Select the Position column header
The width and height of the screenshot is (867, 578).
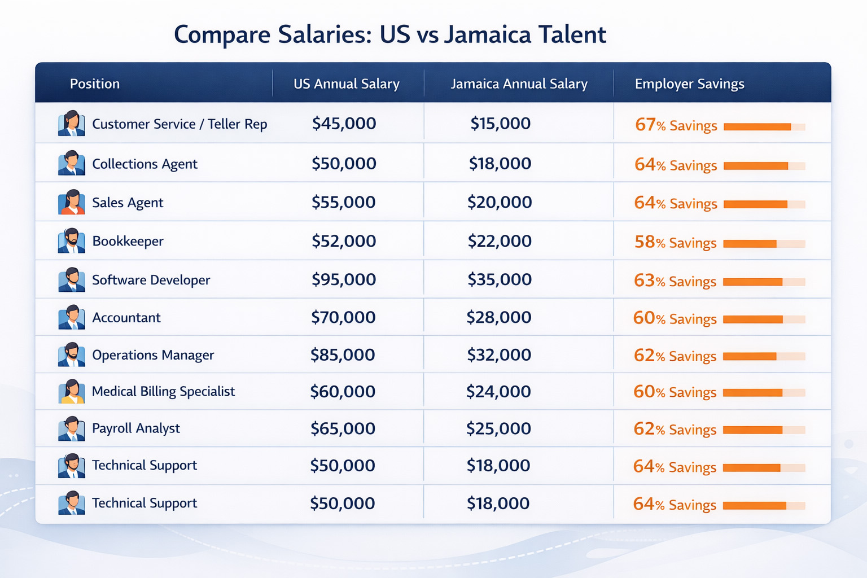(x=94, y=84)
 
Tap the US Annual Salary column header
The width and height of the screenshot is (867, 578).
(x=346, y=84)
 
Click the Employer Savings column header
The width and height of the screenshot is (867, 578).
(x=689, y=84)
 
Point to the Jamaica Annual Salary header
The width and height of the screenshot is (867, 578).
(x=519, y=84)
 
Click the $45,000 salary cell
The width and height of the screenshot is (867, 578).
(x=344, y=124)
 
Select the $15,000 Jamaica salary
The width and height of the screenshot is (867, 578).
(x=500, y=124)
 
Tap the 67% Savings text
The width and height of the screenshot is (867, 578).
(x=676, y=125)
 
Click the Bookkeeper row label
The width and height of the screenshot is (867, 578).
(x=128, y=242)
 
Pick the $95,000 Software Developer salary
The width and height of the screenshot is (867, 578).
(x=343, y=279)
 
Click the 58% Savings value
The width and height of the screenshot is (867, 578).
(x=675, y=243)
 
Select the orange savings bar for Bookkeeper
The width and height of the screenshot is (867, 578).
(x=750, y=244)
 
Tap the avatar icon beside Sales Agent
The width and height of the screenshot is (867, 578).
(x=72, y=203)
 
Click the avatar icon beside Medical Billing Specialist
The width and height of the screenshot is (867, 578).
(x=72, y=392)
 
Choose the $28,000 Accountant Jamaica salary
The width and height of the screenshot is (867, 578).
(x=498, y=317)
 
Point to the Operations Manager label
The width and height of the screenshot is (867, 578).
(x=153, y=355)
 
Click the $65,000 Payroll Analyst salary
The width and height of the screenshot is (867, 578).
(x=343, y=428)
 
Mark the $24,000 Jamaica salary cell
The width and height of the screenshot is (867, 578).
(x=498, y=392)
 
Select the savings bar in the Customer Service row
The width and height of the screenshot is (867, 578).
(x=757, y=127)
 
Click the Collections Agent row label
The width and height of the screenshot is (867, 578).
(x=144, y=164)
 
